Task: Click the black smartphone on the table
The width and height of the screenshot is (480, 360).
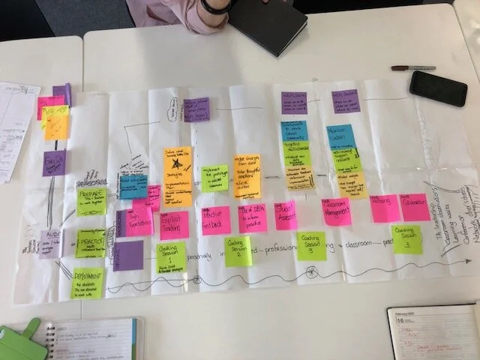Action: [438, 88]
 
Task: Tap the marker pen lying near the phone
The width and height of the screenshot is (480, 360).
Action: [412, 67]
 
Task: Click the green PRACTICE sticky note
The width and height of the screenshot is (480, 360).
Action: [90, 244]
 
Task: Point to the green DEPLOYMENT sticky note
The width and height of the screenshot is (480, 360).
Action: [87, 283]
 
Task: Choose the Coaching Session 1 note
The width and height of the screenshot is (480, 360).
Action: [171, 257]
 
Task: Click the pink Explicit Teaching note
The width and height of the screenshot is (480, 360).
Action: [174, 224]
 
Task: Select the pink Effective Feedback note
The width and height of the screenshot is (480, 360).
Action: [216, 220]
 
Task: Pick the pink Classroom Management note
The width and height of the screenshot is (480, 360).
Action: [337, 211]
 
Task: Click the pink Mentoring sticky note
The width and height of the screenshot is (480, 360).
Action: [384, 208]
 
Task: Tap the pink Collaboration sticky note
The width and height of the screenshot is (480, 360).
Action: [415, 207]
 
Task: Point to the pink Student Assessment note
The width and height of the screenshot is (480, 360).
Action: [286, 215]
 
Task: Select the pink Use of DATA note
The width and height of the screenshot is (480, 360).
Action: [253, 218]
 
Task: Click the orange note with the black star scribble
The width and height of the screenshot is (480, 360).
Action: [177, 174]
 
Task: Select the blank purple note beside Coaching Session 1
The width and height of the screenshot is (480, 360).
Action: [128, 255]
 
